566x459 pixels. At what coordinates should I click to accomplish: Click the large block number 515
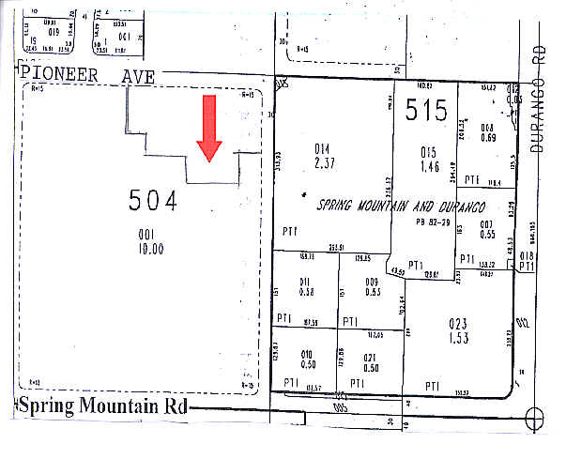426,111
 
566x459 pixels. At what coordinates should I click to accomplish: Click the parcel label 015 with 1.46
429,158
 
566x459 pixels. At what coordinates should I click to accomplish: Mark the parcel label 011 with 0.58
305,286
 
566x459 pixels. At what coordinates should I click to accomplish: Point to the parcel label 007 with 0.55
486,228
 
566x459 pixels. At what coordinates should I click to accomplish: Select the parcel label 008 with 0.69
487,133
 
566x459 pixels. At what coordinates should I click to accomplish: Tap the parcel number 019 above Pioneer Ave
54,31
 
